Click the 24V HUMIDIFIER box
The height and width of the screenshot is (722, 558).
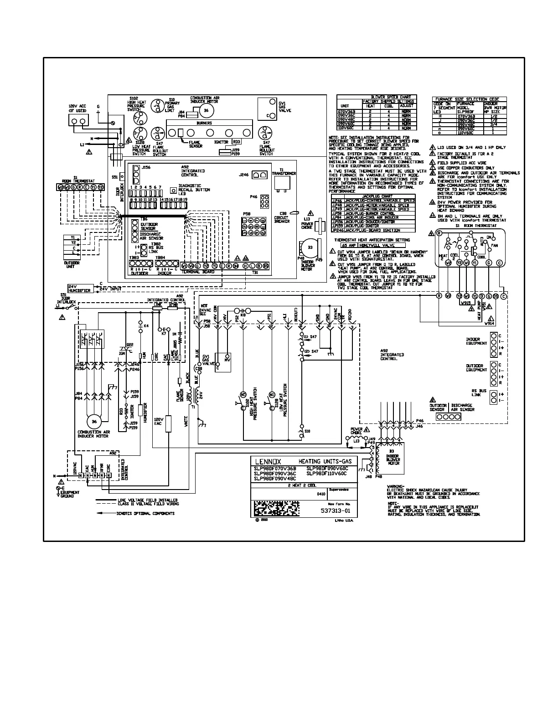point(80,289)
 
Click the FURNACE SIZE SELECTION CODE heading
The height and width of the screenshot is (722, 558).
point(467,99)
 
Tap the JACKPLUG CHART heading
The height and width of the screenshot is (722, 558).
point(373,196)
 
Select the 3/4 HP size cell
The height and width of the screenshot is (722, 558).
point(493,124)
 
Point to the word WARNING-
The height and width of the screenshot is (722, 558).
point(396,486)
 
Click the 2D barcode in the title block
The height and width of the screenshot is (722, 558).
point(276,508)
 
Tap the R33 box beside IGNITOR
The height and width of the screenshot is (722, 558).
point(237,142)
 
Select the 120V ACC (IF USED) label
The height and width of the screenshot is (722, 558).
point(77,108)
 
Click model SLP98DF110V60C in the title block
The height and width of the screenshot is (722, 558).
point(327,473)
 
